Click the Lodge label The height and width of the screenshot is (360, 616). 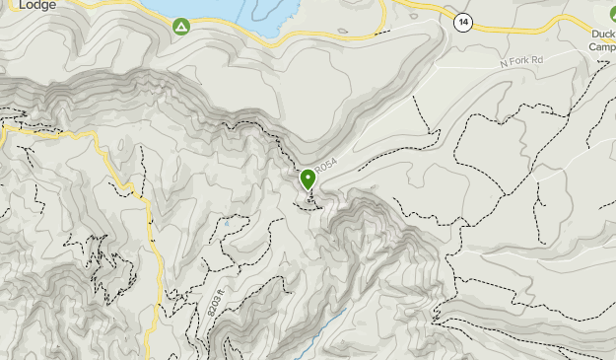(x=37, y=4)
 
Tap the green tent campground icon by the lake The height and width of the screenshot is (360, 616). (x=181, y=25)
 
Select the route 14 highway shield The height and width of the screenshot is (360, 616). (x=461, y=20)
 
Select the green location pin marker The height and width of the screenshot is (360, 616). (x=308, y=179)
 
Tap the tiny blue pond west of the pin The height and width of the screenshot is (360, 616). (x=226, y=224)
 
